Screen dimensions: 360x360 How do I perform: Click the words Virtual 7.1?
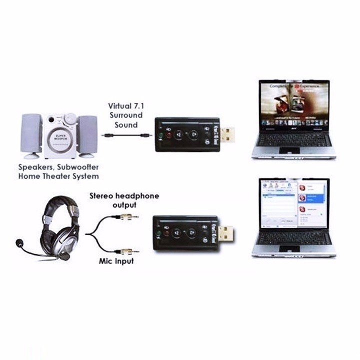125,106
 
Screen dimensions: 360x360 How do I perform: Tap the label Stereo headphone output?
124,200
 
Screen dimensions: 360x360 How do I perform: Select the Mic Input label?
115,261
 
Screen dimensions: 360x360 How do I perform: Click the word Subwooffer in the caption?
74,167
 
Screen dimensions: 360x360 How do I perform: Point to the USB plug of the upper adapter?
228,134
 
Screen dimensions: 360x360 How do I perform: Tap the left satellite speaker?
31,134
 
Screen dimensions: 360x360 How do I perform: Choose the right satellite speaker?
88,134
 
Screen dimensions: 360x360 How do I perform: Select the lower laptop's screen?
294,203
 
